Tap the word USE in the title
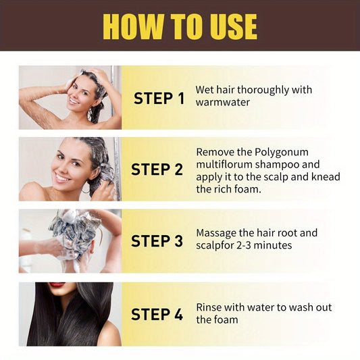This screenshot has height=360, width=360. coord(233,26)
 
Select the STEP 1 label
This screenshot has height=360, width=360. coord(159,98)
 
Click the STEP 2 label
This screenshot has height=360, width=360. coord(157,170)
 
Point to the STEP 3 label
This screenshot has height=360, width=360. coord(157,241)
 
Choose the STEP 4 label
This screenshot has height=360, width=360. coord(157,314)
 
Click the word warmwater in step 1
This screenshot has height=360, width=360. coord(222,102)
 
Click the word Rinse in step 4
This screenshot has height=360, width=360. coord(209,307)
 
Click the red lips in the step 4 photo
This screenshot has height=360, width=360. coord(57,284)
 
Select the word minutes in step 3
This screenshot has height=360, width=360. coord(273,245)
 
